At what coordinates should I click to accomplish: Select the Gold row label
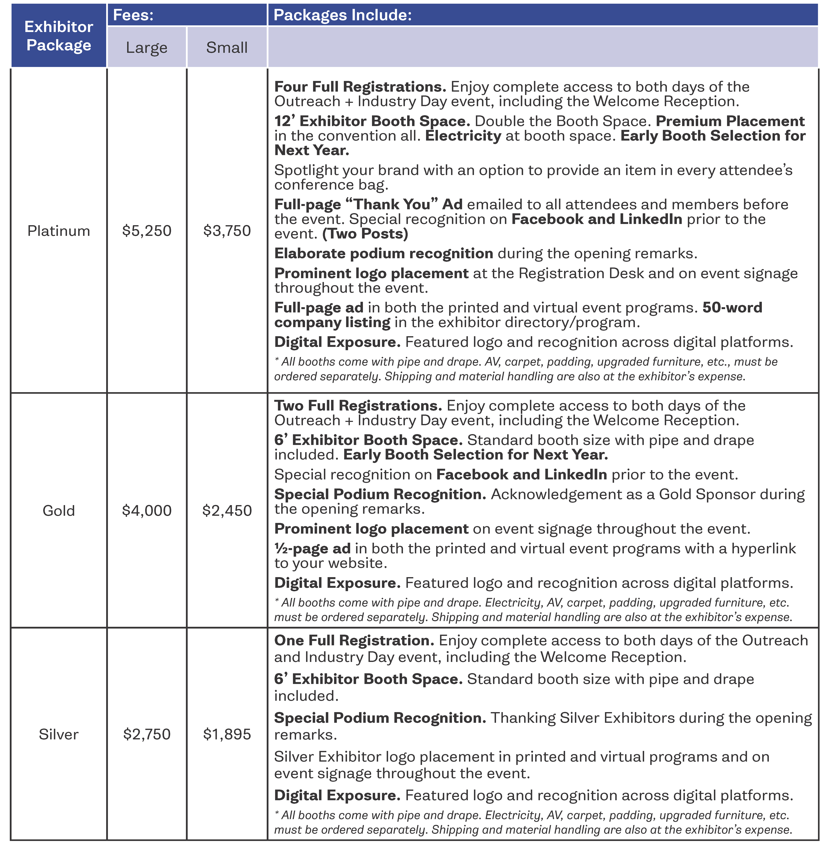(x=59, y=511)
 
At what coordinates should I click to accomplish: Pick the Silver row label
(x=59, y=734)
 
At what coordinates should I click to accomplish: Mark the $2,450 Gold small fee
(x=227, y=511)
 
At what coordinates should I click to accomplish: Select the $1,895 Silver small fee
(x=227, y=734)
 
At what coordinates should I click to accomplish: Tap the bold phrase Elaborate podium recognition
(x=384, y=254)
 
